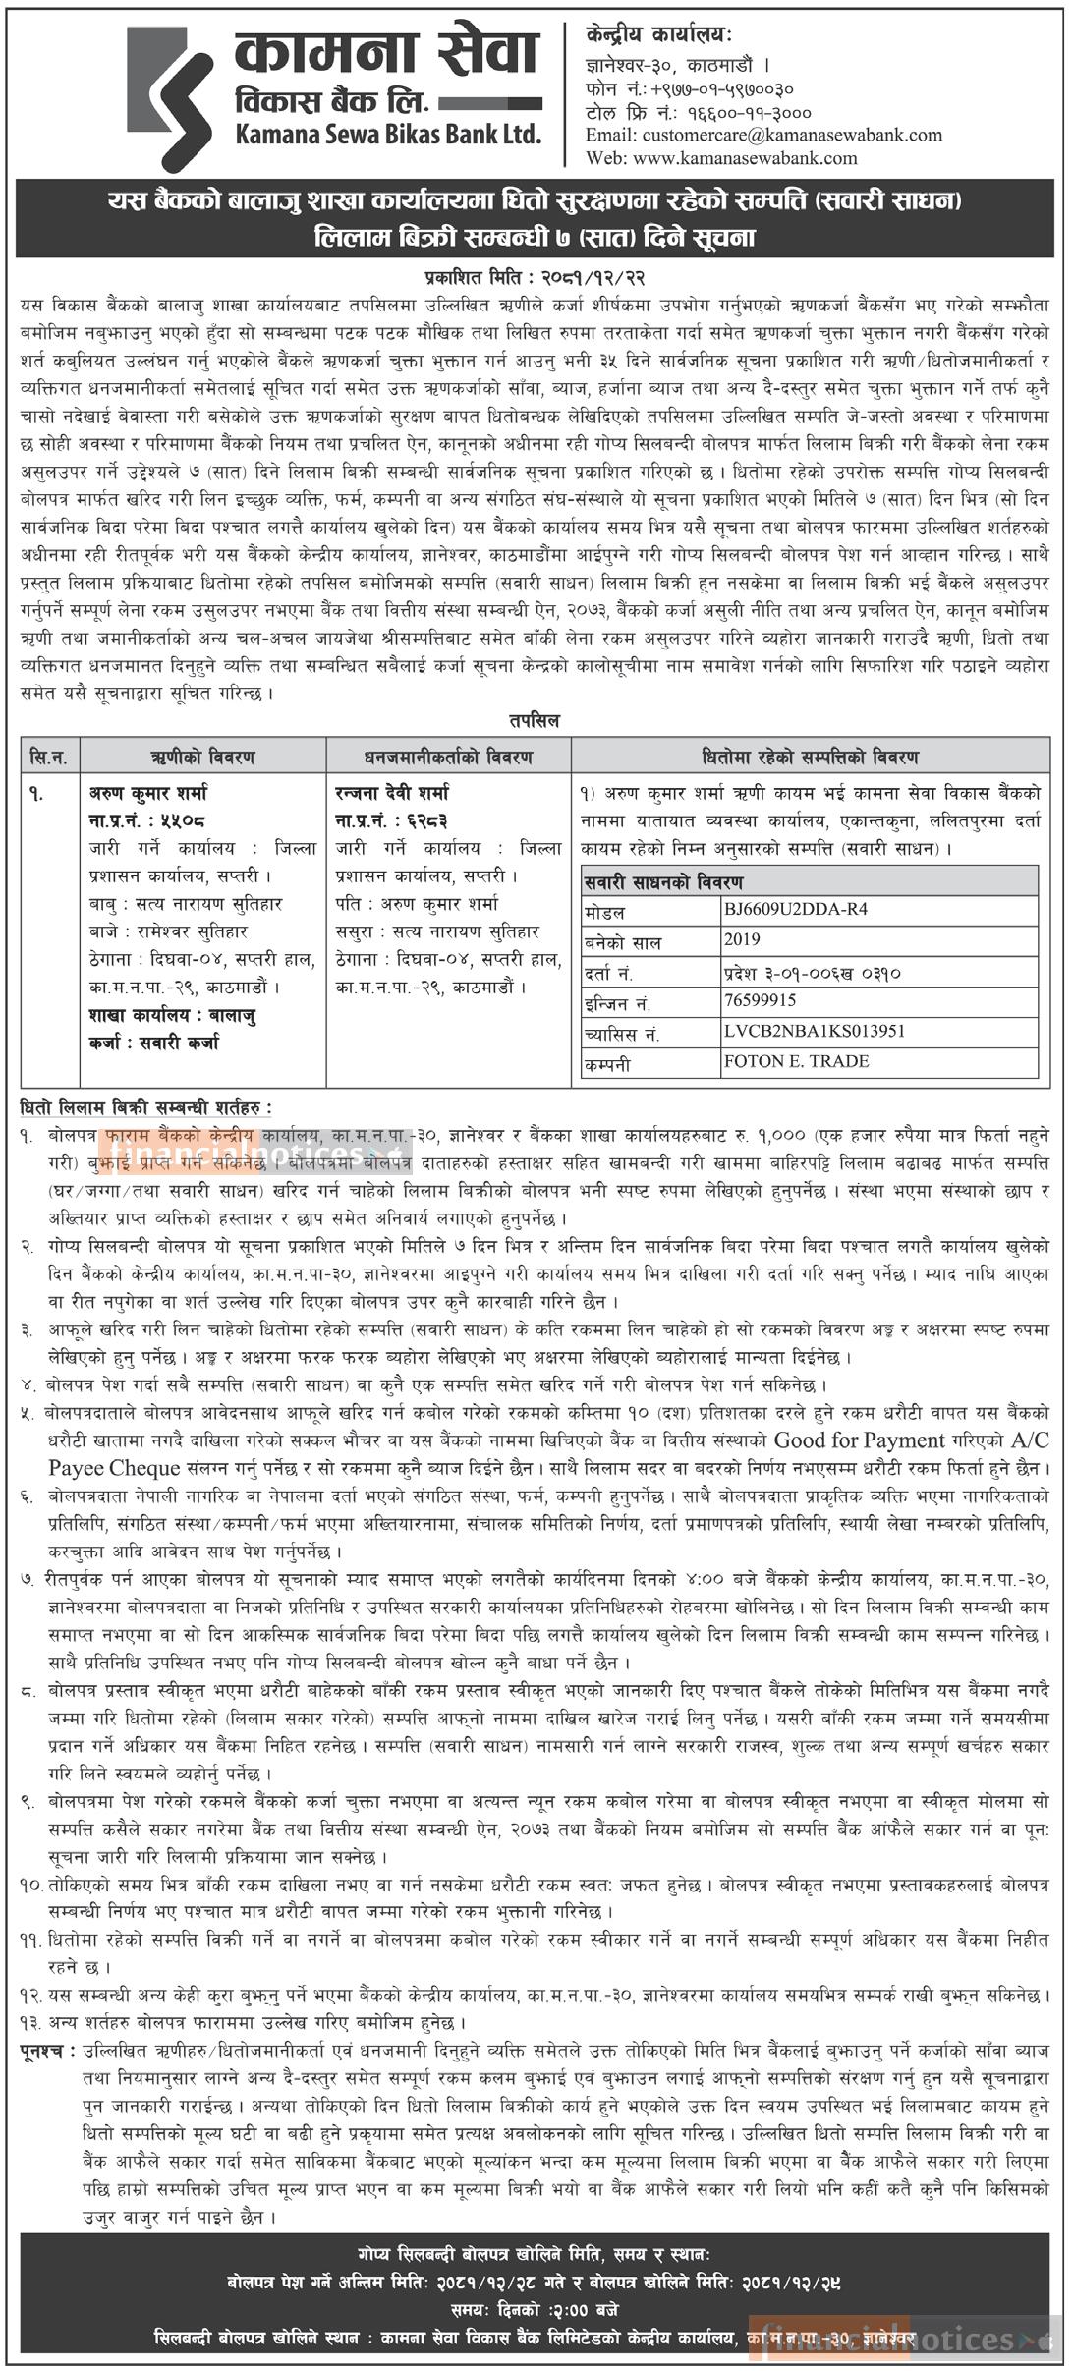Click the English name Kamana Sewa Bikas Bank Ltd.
point(388,134)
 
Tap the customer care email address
point(763,135)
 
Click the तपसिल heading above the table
point(535,721)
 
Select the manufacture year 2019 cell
point(742,939)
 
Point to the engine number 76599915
point(760,1000)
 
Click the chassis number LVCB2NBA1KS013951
point(801,1031)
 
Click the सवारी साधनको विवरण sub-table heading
point(663,881)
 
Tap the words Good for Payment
point(860,1440)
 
